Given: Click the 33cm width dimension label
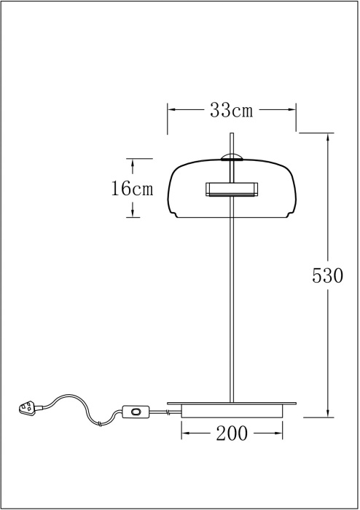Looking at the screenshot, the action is [x=231, y=110].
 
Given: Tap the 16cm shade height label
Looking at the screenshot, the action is [x=132, y=188].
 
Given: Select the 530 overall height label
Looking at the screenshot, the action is [x=327, y=275].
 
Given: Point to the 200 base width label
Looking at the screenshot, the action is [x=232, y=433].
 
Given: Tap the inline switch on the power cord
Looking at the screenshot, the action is [x=136, y=412].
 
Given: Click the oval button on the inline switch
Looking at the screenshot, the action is [x=136, y=412].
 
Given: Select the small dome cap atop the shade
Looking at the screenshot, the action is [x=231, y=158].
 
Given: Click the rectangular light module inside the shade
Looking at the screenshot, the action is [x=231, y=189].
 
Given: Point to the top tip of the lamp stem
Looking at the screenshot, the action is [x=232, y=133].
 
